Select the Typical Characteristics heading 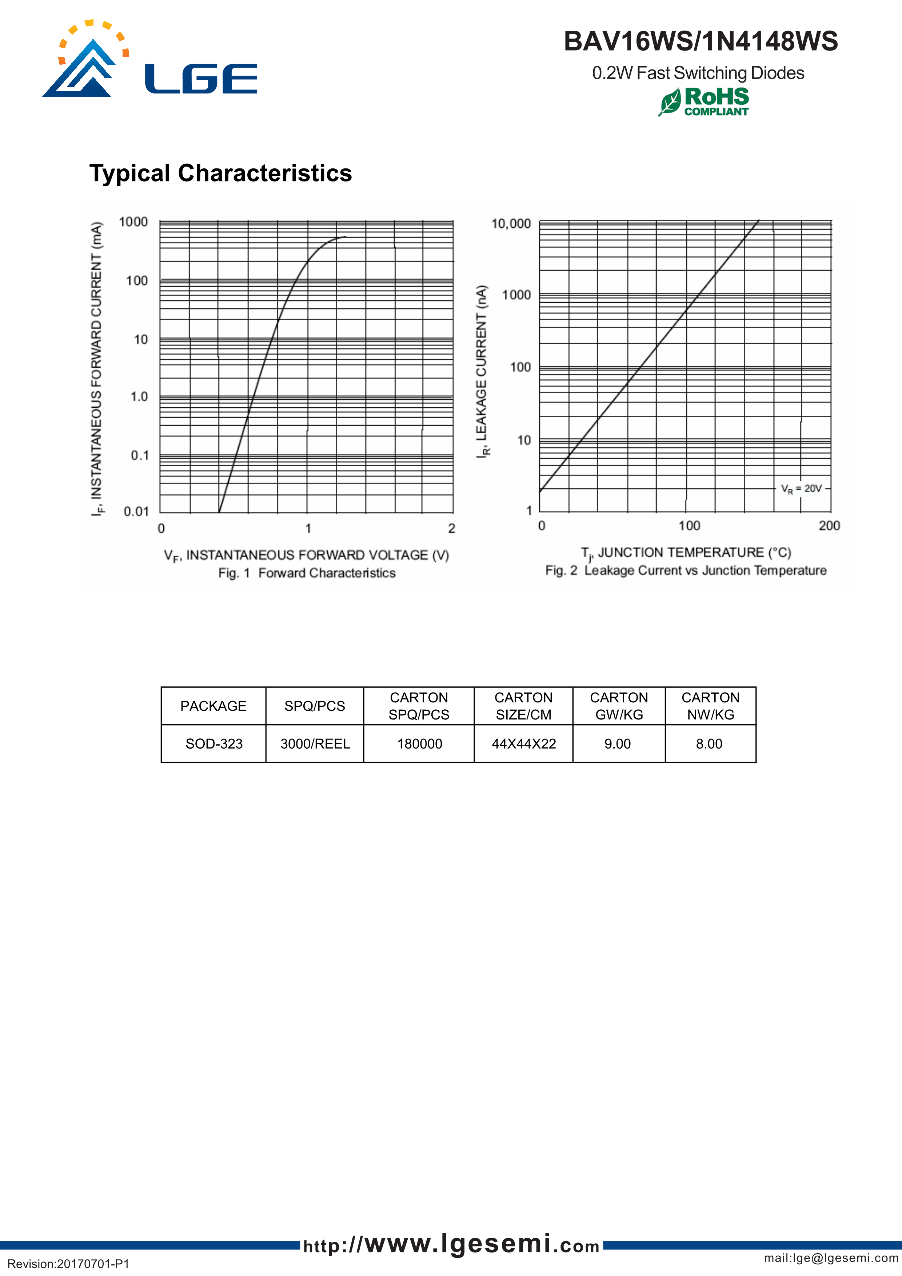point(221,174)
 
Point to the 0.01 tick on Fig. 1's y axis point(136,511)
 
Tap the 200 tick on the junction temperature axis point(829,526)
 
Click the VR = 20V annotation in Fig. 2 point(801,489)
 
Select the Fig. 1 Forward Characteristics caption point(307,573)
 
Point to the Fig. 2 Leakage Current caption point(686,571)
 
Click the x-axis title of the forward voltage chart point(306,555)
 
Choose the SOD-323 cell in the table point(214,743)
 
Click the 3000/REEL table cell point(315,743)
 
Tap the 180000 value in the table point(420,743)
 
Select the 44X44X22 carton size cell point(523,743)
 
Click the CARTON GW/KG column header point(619,706)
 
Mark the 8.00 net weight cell point(709,743)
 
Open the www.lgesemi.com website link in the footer point(451,1244)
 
